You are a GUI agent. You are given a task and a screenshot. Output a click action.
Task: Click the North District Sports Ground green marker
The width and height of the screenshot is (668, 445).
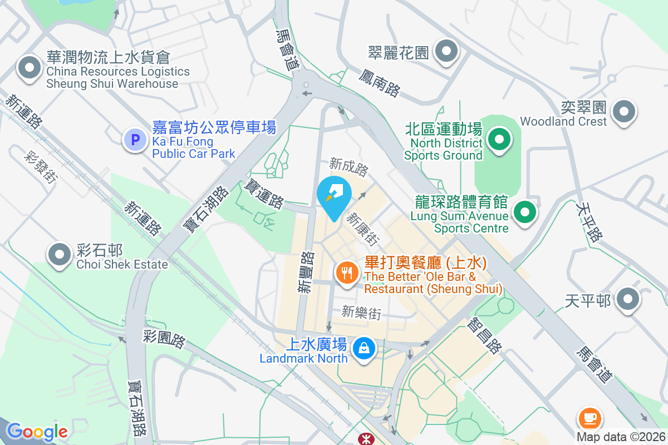[499, 139]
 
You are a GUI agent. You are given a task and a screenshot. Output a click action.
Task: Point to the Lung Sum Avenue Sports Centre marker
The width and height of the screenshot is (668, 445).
[524, 212]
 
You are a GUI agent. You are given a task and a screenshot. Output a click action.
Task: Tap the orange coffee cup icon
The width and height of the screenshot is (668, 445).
[590, 417]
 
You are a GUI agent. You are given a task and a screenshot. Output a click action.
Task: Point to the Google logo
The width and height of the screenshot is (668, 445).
[37, 431]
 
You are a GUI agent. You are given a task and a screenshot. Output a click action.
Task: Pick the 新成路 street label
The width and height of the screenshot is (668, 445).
[349, 165]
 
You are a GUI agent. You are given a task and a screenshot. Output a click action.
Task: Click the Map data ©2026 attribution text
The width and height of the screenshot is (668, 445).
[621, 437]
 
